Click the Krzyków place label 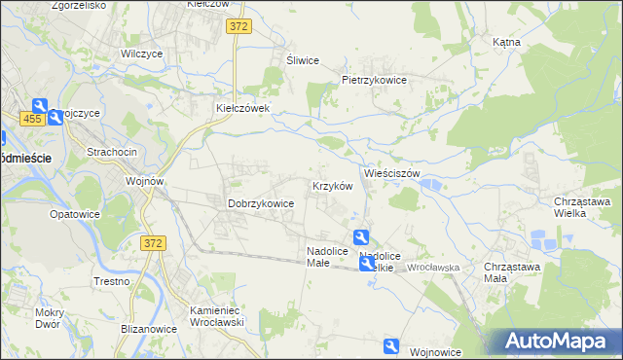[x=331, y=186]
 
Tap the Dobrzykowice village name [x=261, y=203]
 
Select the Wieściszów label [x=391, y=173]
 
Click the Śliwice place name [x=303, y=60]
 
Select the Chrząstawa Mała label [x=509, y=271]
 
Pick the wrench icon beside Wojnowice [x=391, y=345]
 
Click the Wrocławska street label [x=433, y=266]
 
